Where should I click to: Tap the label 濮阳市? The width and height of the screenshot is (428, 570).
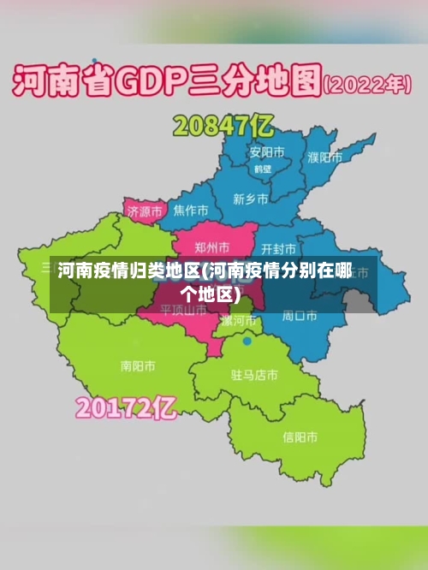(324, 157)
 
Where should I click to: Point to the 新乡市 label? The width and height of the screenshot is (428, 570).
(250, 199)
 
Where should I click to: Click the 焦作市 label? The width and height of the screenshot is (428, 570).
(190, 210)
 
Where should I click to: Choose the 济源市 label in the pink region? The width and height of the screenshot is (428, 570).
(143, 211)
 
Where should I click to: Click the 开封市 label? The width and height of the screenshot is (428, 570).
(279, 249)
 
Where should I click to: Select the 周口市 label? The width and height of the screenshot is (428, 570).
(300, 316)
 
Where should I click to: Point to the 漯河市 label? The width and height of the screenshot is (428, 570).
(239, 321)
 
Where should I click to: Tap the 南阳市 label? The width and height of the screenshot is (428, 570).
(138, 365)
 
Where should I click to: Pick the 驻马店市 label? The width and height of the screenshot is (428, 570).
(254, 375)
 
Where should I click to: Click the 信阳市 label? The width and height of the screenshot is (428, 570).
(300, 436)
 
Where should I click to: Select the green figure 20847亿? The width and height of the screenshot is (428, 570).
(223, 127)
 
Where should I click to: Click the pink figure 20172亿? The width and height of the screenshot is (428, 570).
(126, 407)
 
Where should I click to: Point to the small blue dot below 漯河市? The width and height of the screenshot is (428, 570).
(247, 341)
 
